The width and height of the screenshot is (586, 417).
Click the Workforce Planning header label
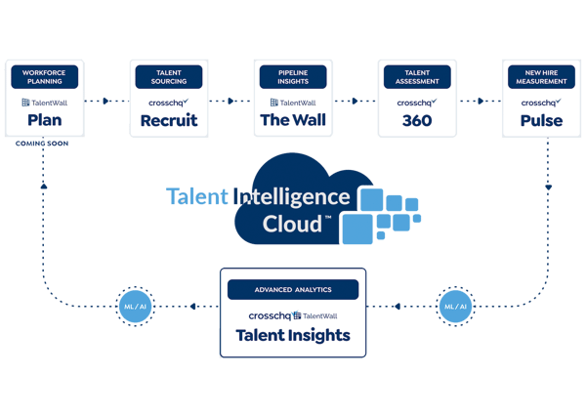point(44,77)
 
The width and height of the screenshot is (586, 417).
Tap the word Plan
point(44,120)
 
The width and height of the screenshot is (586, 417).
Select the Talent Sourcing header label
point(168,77)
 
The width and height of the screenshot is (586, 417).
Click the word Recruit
point(168,120)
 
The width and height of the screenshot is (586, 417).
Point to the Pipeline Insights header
point(292,77)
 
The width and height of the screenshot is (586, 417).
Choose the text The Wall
point(292,120)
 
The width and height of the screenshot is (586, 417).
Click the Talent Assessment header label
point(417,77)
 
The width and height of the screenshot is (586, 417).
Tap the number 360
point(417,120)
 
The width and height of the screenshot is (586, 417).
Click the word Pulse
point(540,120)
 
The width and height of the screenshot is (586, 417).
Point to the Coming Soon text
point(43,143)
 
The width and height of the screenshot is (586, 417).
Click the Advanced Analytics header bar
point(292,290)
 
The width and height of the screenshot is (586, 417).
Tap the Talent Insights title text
point(292,336)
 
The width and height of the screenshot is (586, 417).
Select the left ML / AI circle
point(134,306)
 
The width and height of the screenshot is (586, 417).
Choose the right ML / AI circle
point(454,306)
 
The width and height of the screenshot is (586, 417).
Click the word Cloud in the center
point(293,224)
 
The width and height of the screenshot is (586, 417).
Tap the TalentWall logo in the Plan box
point(44,102)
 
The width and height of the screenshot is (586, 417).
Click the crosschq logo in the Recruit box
point(168,102)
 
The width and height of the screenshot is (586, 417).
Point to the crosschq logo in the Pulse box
point(540,102)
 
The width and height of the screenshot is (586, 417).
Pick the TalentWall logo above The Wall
point(292,102)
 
